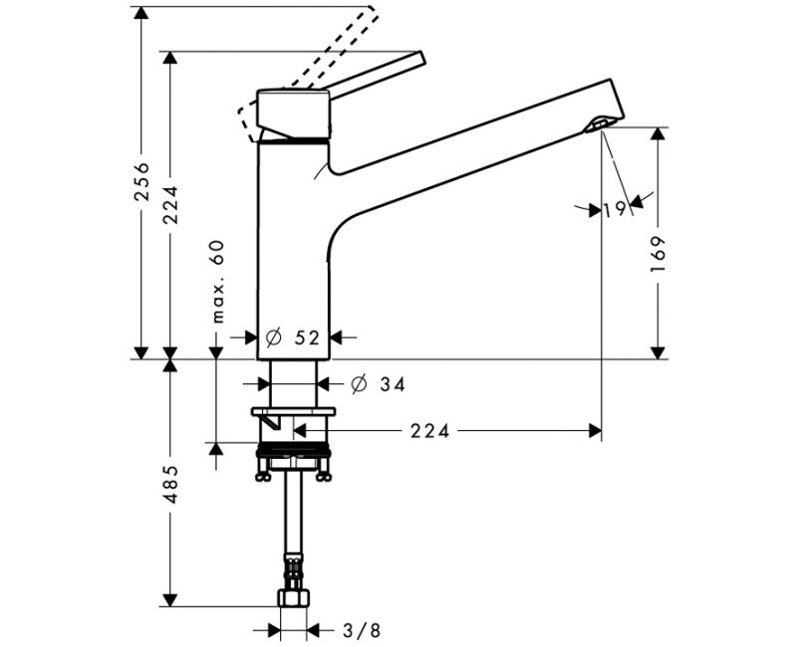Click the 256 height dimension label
coord(141,181)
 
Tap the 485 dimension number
coord(170,485)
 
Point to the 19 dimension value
coord(614,209)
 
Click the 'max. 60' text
coord(218,282)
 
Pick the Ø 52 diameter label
coord(295,337)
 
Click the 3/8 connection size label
coord(361,629)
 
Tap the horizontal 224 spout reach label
coord(430,431)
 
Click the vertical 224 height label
coord(170,205)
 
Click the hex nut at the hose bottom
coord(294,599)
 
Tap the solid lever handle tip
coord(420,59)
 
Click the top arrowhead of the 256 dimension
coord(141,12)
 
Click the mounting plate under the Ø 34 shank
coord(295,411)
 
